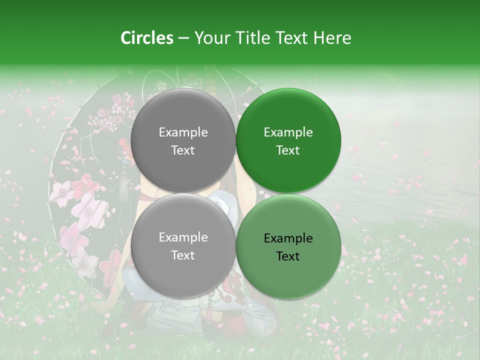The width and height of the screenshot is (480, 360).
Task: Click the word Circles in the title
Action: tap(147, 38)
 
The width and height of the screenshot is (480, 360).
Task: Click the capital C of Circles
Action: tap(126, 38)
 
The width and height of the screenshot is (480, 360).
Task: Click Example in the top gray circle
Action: tap(183, 132)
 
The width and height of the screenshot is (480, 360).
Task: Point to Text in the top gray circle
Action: tap(183, 150)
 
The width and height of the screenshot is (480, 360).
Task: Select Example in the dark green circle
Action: tap(288, 132)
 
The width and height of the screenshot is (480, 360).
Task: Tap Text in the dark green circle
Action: tap(288, 150)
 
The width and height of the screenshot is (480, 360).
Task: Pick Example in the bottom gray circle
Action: tap(183, 237)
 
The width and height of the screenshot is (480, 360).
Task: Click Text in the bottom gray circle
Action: tap(183, 255)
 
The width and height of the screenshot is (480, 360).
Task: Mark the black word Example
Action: tap(288, 238)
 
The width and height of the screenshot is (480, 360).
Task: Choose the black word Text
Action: tap(288, 256)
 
